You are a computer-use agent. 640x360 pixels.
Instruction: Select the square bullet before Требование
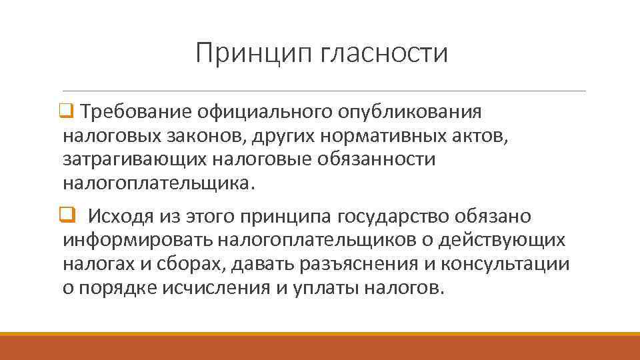[x=67, y=110]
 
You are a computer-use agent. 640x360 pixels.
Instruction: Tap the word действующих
[x=501, y=240]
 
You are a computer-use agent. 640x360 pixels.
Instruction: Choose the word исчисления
[x=213, y=288]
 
